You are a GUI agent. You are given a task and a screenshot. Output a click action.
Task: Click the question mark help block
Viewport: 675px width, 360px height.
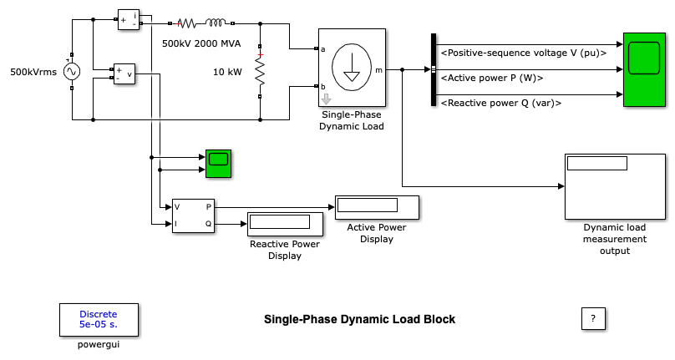coord(592,318)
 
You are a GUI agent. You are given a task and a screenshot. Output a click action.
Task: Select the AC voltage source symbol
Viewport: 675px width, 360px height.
coord(72,73)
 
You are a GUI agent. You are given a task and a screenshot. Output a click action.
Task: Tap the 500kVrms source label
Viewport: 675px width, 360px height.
coord(33,73)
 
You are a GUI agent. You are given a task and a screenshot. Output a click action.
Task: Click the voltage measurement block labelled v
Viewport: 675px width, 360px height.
coord(124,74)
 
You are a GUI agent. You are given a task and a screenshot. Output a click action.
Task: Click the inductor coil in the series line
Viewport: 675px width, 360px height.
coord(216,23)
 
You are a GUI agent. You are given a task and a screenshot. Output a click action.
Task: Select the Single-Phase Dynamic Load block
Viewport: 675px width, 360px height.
coord(352,70)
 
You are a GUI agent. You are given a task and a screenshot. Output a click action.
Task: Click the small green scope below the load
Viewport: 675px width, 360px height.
coord(219,163)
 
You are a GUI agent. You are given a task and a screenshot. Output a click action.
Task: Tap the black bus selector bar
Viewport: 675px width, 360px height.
coord(434,70)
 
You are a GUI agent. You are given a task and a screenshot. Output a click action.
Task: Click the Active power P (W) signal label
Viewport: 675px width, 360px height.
coord(492,78)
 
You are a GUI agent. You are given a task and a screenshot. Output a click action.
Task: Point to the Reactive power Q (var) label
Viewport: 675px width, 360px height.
coord(500,103)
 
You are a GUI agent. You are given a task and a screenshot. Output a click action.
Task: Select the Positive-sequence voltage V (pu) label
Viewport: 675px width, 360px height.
coord(523,53)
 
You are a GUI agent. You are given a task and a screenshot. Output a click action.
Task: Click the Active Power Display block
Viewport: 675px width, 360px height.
coord(377,206)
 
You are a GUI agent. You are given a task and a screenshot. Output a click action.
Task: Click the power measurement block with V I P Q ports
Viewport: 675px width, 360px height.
coord(193,215)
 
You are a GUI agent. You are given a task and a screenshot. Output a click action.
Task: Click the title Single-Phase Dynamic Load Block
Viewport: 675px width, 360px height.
coord(359,319)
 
